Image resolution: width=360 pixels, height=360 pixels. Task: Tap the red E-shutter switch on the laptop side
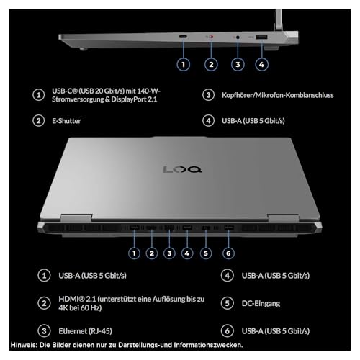click(x=210, y=37)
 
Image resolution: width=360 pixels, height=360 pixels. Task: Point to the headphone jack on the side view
click(x=237, y=37)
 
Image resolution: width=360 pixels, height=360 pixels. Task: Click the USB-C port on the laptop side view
click(x=184, y=37)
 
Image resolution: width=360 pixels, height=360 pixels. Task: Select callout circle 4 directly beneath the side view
click(x=262, y=64)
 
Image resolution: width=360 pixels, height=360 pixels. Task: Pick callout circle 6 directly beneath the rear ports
click(x=228, y=253)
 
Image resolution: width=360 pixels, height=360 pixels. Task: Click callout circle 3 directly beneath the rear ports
click(x=169, y=253)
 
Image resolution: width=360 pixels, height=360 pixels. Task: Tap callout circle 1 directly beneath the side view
click(x=184, y=64)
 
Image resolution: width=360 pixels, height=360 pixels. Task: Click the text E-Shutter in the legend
click(x=67, y=121)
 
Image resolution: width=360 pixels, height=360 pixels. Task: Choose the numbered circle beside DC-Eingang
click(x=228, y=305)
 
